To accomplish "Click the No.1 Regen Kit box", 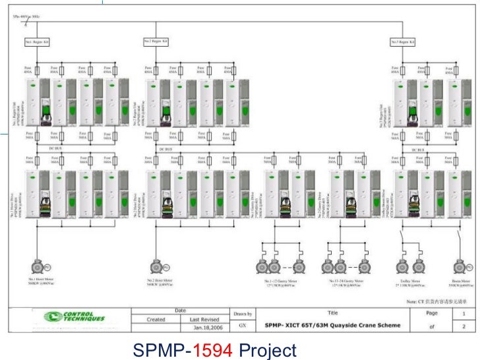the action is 38,42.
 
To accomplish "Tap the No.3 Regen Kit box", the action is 403,42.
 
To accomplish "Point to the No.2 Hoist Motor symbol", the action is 157,266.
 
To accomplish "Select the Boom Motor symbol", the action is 460,266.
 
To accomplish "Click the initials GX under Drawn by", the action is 242,326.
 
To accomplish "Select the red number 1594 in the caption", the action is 214,350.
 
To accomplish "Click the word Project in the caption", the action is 267,350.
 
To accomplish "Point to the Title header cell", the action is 332,313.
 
